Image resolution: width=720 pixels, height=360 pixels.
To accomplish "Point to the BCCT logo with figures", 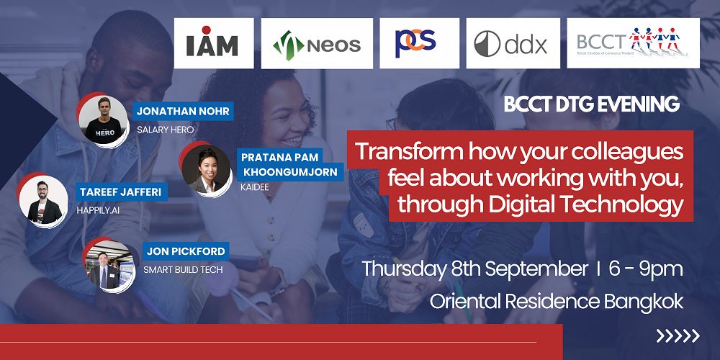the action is [633, 43].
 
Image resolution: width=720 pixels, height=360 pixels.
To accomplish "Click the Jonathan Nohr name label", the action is [183, 111].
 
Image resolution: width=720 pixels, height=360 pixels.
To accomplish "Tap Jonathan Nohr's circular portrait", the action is [103, 120].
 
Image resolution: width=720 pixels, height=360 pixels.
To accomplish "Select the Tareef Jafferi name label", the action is [121, 192].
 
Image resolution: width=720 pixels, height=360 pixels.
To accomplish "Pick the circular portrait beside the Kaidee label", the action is [206, 170].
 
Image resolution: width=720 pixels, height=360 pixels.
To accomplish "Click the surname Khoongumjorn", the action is [290, 172].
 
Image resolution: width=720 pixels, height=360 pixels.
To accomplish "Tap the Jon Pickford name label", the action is [186, 251].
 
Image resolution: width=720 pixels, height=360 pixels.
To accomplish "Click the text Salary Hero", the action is [166, 130].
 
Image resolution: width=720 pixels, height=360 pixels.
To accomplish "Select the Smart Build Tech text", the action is [183, 270].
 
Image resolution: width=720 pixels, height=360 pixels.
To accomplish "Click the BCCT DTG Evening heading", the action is [591, 104].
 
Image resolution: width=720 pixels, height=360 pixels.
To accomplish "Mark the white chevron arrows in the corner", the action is [678, 336].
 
